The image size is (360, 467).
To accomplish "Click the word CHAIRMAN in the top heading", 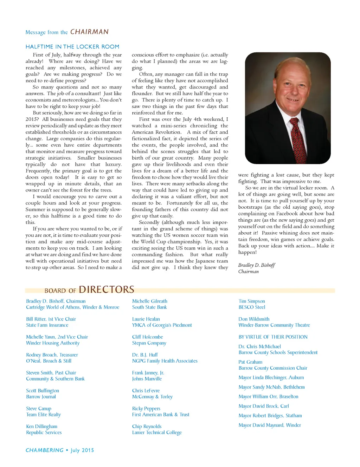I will (89, 32).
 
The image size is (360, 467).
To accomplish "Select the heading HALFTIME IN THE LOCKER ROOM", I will (72, 47).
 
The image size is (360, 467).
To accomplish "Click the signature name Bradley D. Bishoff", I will (256, 265).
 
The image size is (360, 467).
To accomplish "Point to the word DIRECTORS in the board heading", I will (107, 290).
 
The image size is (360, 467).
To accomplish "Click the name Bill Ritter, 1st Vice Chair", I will (51, 319).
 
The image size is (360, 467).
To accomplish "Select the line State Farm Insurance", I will (47, 325).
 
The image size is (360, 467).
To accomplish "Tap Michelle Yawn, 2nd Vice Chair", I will (57, 337).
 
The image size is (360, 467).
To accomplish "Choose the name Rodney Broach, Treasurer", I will (52, 355).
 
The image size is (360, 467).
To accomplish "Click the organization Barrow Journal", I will (41, 397).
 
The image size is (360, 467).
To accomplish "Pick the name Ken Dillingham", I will (41, 427).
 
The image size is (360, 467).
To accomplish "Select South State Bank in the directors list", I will (149, 307).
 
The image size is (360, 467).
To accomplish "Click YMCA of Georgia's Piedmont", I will (162, 325).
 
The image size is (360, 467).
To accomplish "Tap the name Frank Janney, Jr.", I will (148, 373).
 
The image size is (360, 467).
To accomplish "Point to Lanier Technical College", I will (157, 433).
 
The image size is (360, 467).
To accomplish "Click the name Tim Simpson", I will (252, 301).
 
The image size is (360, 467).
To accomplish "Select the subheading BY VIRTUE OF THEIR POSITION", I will (273, 337).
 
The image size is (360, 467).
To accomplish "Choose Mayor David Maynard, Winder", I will (270, 425).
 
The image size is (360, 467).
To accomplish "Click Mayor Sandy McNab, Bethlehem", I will (271, 387).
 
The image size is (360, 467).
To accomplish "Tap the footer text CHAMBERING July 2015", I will (60, 450).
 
